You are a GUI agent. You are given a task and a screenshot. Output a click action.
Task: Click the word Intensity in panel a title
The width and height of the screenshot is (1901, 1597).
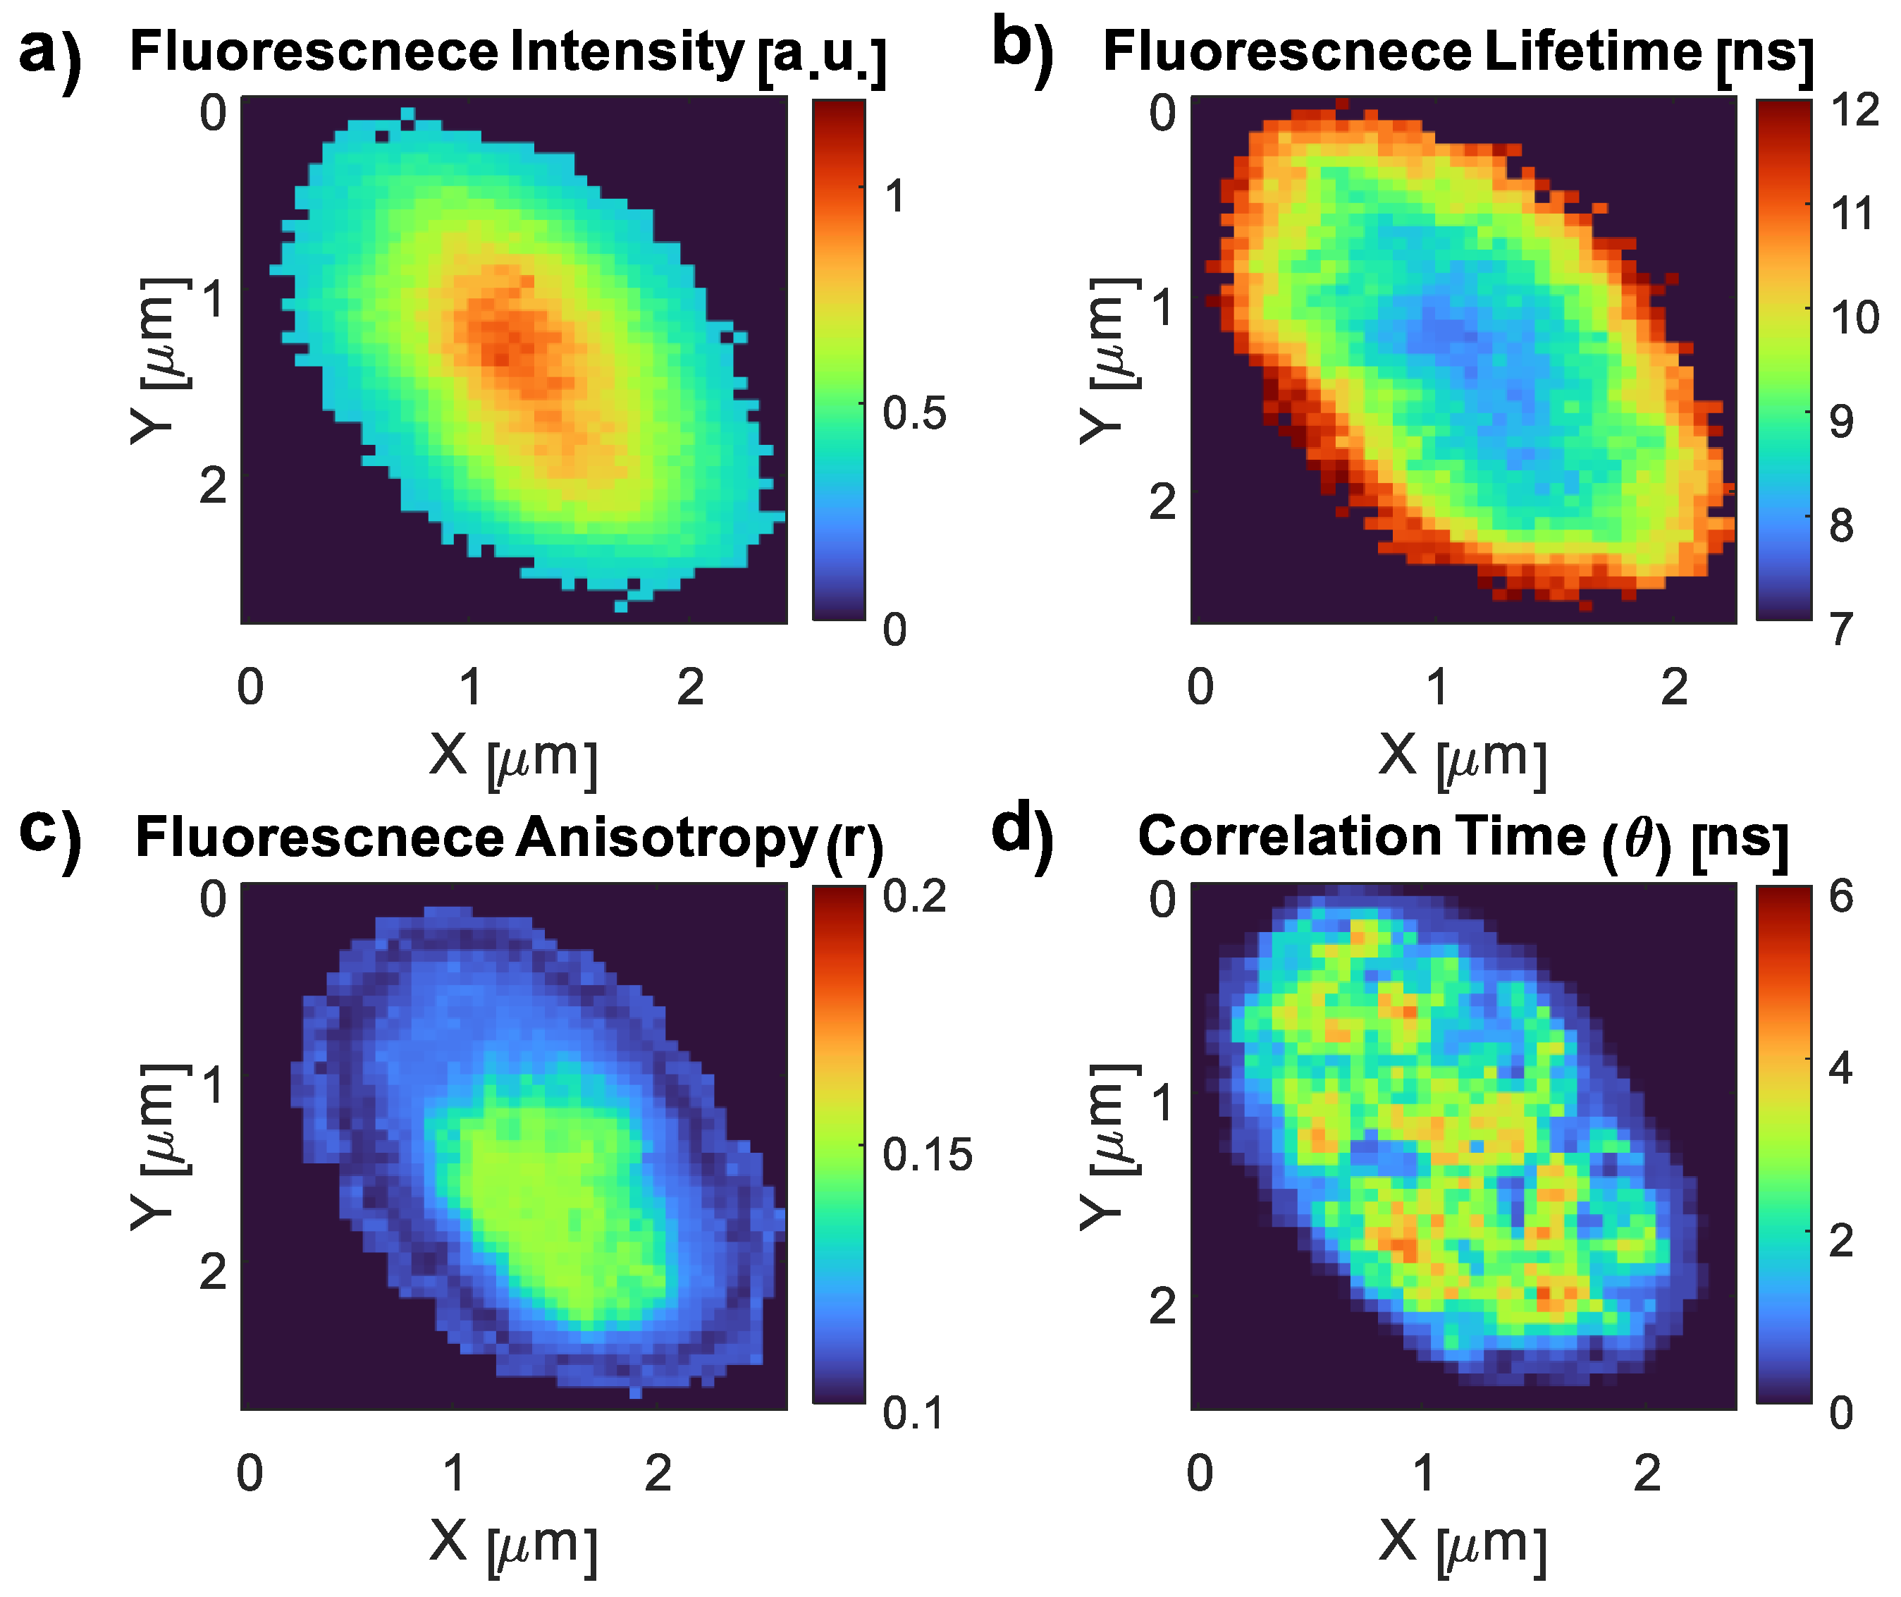pos(627,51)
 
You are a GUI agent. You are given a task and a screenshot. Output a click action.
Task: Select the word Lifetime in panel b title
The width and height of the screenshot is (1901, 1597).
pos(1592,51)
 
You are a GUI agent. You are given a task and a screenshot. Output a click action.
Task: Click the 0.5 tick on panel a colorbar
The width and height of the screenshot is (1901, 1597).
pos(915,413)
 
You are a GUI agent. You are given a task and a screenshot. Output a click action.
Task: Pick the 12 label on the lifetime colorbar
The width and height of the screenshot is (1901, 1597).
pos(1854,111)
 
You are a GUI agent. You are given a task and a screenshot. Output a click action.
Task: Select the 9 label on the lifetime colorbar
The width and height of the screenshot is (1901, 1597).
pos(1840,422)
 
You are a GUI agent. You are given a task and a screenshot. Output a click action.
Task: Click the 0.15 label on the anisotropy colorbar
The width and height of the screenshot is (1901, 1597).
pos(927,1154)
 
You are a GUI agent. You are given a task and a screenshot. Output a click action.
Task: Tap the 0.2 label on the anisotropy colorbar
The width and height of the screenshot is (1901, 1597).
pos(914,896)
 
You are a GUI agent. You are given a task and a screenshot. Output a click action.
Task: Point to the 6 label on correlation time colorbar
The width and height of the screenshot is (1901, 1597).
pos(1840,896)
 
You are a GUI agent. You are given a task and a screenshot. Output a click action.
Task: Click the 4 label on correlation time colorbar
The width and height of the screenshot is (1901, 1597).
pos(1840,1068)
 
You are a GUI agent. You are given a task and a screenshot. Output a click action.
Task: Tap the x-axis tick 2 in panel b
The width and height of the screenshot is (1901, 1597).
pos(1674,687)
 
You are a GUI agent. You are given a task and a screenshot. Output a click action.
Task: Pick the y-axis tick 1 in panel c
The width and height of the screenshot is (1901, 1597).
pos(214,1084)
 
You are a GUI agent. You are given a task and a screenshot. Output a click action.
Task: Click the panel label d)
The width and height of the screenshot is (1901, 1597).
pos(1023,831)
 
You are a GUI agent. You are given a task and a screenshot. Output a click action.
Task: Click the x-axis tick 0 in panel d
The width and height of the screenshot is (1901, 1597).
pos(1200,1474)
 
